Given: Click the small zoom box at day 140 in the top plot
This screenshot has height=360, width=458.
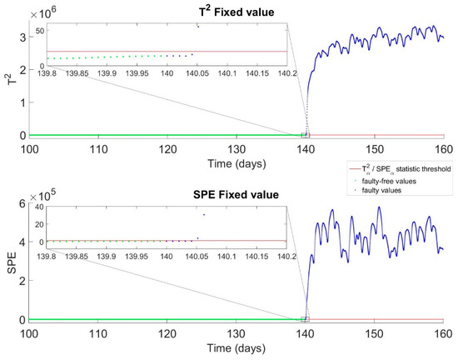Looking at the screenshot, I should coord(306,134).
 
